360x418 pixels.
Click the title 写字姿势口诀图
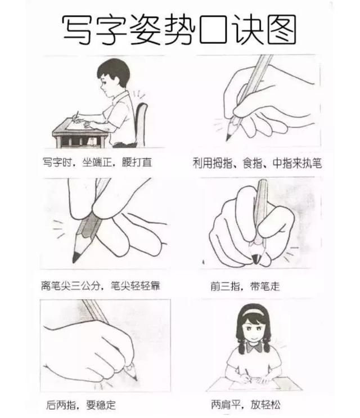click(x=179, y=29)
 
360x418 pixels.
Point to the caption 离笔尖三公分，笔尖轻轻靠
click(x=100, y=285)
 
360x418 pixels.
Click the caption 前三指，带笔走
click(x=244, y=286)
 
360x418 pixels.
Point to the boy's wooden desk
click(x=73, y=132)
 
